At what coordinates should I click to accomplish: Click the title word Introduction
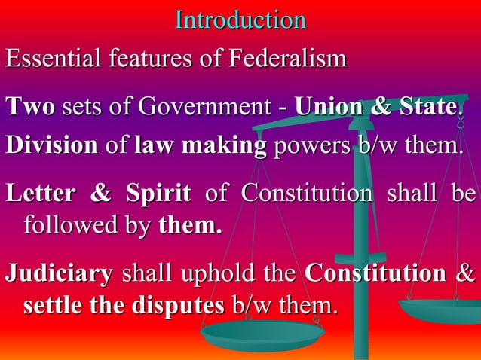click(x=240, y=20)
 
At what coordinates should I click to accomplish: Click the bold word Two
click(x=30, y=108)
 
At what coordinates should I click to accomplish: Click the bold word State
click(x=425, y=108)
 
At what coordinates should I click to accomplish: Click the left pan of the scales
click(x=262, y=334)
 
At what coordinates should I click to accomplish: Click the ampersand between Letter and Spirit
click(x=100, y=194)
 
